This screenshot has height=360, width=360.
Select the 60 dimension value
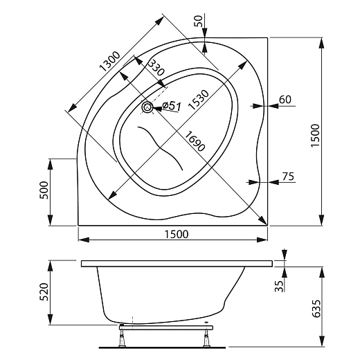tap(284, 99)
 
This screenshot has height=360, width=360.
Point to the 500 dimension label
tap(43, 191)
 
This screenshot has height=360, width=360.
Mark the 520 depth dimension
tap(43, 292)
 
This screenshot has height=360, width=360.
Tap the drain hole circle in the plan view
tap(147, 107)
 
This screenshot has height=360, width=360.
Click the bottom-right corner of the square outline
tap(267, 224)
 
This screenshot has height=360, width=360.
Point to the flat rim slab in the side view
tap(177, 264)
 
